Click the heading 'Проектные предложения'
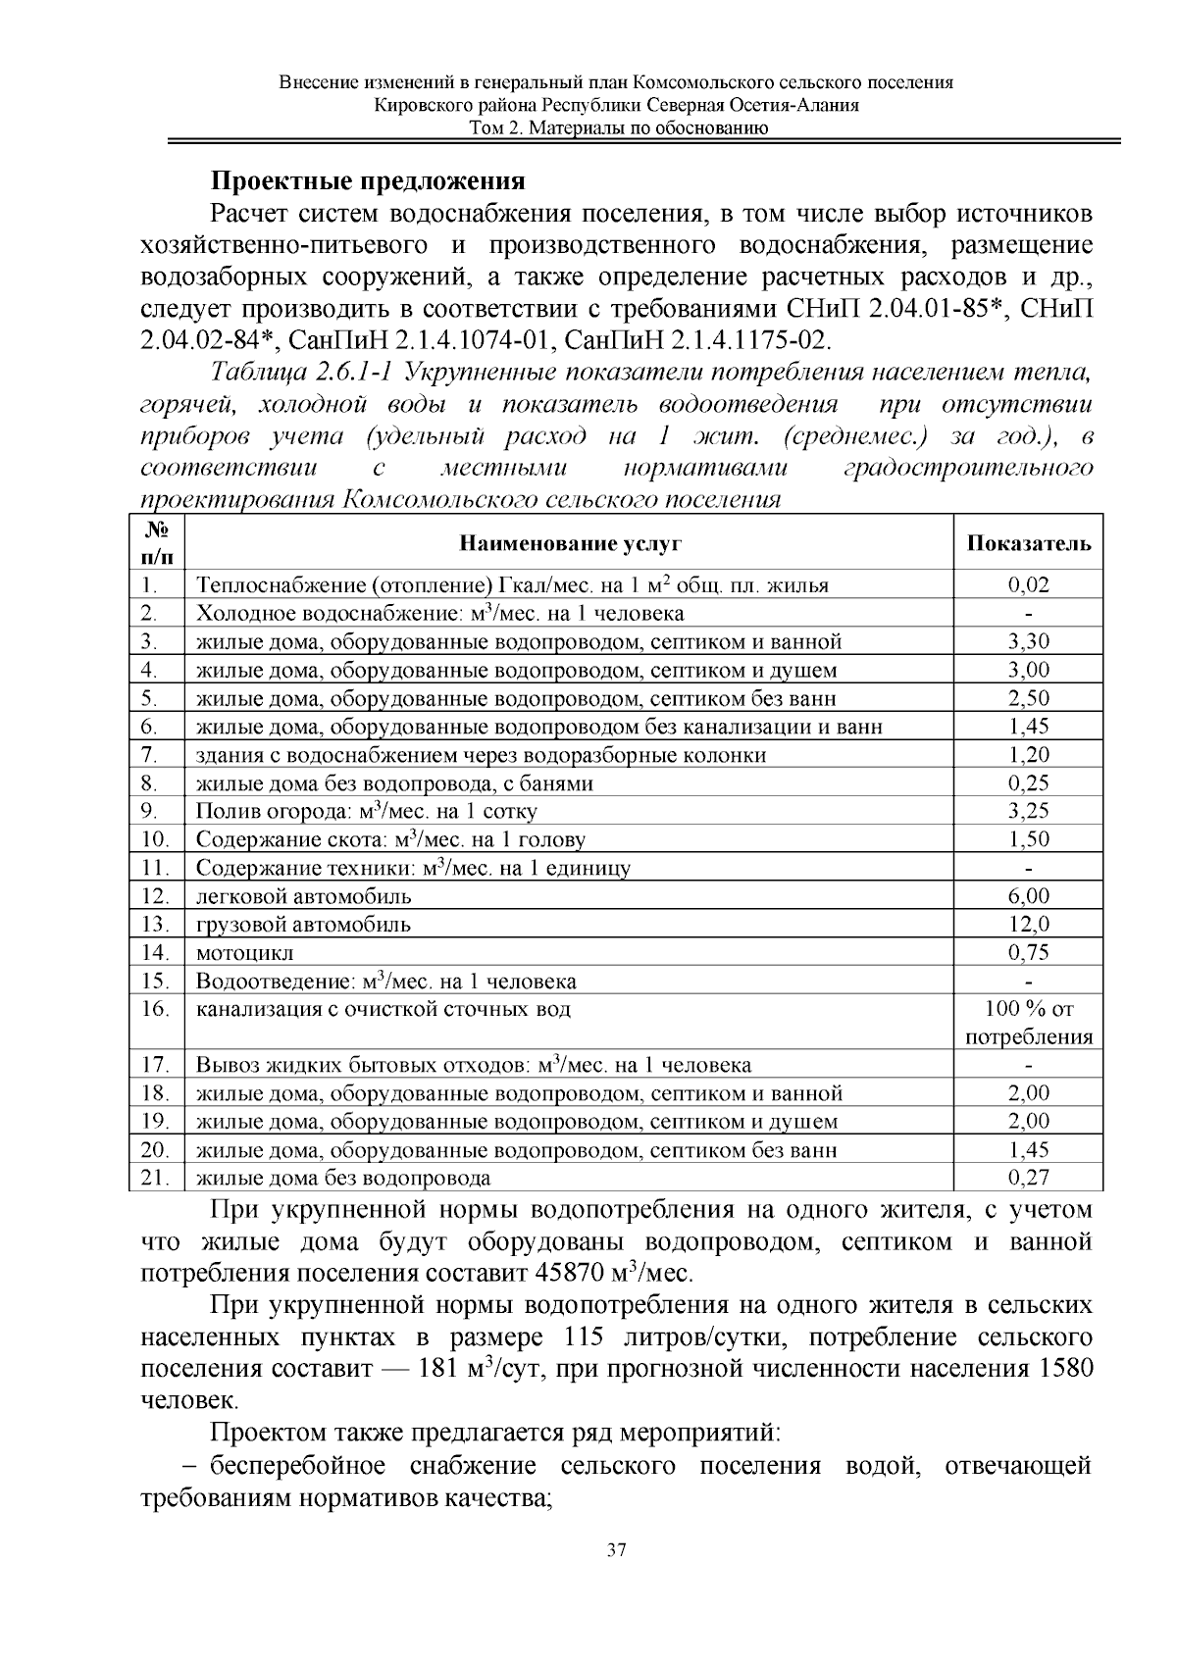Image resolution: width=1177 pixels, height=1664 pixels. (x=369, y=181)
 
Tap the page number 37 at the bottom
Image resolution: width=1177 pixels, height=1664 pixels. (x=617, y=1550)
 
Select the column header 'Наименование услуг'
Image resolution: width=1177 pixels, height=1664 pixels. (x=570, y=543)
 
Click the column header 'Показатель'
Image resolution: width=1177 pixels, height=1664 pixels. (x=1028, y=543)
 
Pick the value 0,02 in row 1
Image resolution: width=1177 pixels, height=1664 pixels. (x=1028, y=585)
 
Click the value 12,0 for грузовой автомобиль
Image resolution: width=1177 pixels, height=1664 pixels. (x=1028, y=924)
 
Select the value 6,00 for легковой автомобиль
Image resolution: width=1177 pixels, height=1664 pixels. (x=1028, y=895)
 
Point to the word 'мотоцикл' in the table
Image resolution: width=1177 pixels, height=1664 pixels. (x=245, y=952)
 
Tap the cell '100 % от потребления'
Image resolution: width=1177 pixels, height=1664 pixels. (x=1028, y=1023)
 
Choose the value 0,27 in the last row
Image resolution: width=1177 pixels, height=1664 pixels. (x=1028, y=1178)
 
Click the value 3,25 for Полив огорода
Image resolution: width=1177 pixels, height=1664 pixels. (x=1028, y=811)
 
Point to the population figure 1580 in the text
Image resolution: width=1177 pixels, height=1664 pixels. (x=1064, y=1369)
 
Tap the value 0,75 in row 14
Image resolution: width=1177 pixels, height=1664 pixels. (x=1028, y=952)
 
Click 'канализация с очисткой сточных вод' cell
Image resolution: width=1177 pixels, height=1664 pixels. (x=384, y=1009)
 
